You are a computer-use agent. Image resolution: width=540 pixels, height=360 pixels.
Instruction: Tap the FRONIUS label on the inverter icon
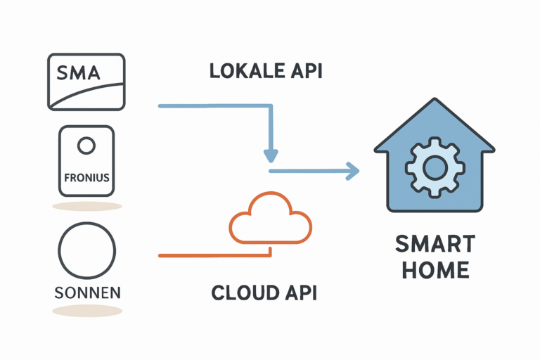pos(86,178)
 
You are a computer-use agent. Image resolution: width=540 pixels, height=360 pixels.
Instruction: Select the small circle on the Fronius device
pos(86,146)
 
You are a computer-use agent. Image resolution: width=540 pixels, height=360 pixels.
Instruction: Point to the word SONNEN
pos(86,290)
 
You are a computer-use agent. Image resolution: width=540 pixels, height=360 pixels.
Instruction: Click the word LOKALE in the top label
pos(238,71)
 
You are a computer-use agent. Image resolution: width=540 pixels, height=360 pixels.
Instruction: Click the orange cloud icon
pos(271,217)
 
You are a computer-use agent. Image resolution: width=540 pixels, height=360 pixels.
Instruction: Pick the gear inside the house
pos(434,167)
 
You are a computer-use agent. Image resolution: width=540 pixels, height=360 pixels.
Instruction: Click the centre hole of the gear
pos(434,167)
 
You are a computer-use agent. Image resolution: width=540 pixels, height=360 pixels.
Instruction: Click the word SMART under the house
pos(435,245)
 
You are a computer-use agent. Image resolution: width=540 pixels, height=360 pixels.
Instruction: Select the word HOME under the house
pos(435,271)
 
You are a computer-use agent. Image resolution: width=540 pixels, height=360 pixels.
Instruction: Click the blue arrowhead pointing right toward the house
pos(352,171)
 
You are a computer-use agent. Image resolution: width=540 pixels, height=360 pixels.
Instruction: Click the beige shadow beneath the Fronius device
pos(86,206)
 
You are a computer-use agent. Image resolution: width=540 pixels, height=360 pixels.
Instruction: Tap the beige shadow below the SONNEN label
pos(86,310)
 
